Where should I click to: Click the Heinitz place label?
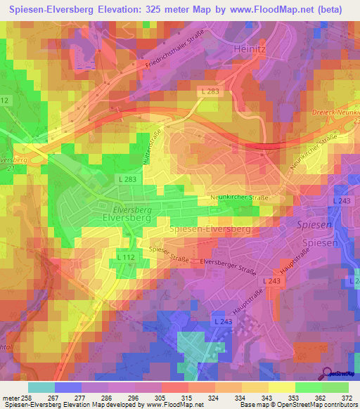(248, 48)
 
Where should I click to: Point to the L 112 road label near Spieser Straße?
(126, 258)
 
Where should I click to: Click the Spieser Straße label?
(169, 252)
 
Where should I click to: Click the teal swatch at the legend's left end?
(41, 387)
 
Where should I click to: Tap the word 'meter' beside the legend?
(11, 397)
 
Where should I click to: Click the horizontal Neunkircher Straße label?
(240, 198)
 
